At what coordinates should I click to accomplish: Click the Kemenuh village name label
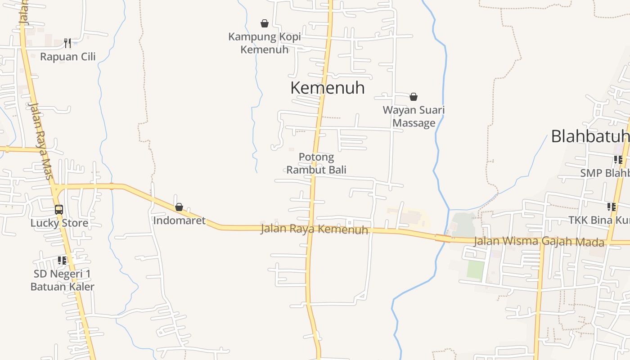[x=327, y=88]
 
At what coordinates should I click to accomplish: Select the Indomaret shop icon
[x=179, y=207]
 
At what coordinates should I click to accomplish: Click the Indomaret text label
[x=179, y=220]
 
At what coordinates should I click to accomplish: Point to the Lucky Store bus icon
[x=59, y=210]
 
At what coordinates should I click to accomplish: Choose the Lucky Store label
[x=59, y=223]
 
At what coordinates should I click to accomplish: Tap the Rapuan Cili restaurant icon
[x=67, y=43]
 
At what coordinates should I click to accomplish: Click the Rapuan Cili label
[x=67, y=57]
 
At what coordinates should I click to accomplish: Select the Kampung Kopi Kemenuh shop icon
[x=265, y=23]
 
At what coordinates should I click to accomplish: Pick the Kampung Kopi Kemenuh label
[x=265, y=43]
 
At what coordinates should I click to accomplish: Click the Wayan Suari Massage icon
[x=414, y=97]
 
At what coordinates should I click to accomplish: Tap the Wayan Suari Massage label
[x=414, y=116]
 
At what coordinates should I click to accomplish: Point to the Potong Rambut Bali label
[x=316, y=163]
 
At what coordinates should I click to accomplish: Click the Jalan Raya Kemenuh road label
[x=314, y=229]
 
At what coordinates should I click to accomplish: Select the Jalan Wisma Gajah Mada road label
[x=539, y=241]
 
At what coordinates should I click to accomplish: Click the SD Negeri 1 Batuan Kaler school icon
[x=62, y=261]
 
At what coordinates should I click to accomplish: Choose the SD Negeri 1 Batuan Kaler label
[x=62, y=280]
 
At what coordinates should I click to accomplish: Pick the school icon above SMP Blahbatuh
[x=618, y=160]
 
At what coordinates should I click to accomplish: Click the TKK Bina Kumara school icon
[x=611, y=207]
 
